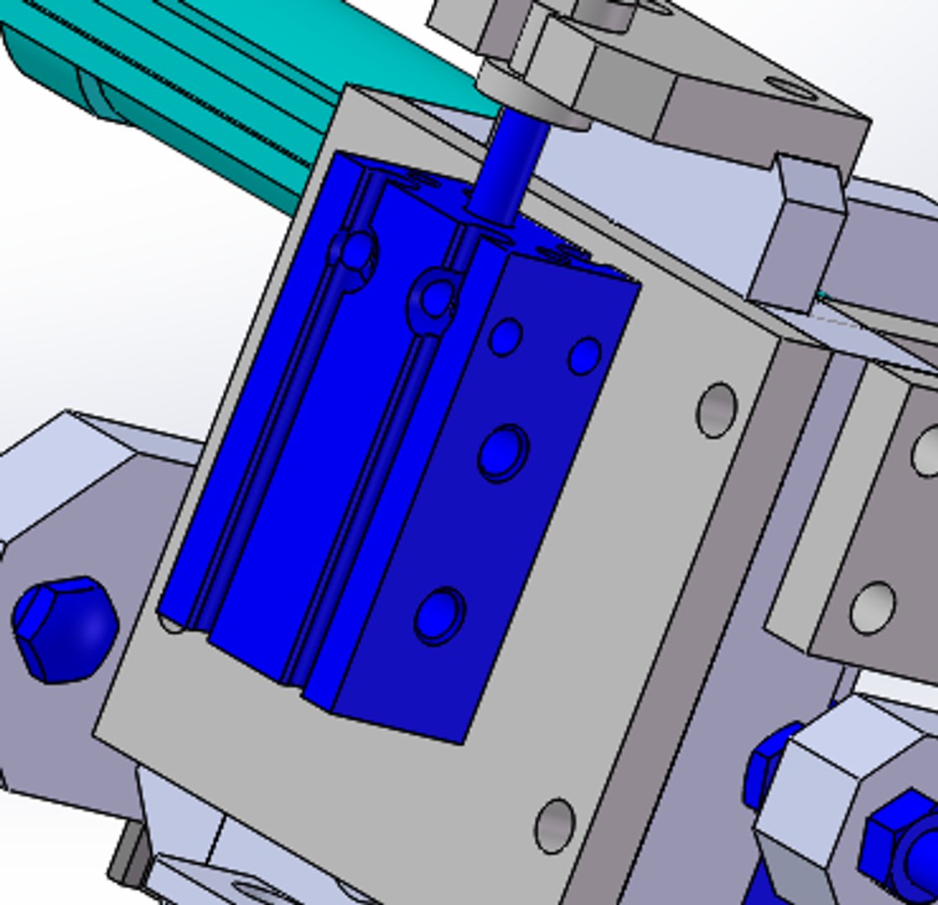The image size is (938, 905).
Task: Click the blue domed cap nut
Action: pos(65,628)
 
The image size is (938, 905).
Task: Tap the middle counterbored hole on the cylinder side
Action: pos(503,453)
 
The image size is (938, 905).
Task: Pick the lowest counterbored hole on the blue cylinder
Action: pos(439,616)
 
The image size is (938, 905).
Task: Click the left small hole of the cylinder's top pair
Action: pos(505,337)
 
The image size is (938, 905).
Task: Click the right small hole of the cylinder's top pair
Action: pos(584,355)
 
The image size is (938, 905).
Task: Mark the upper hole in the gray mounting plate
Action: pos(717,410)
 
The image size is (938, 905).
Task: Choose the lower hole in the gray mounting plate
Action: pos(555,825)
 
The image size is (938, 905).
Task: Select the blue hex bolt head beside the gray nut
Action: pos(901,838)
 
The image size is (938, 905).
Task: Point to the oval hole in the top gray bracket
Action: pos(789,85)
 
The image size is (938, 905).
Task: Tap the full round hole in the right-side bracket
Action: pos(872,607)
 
